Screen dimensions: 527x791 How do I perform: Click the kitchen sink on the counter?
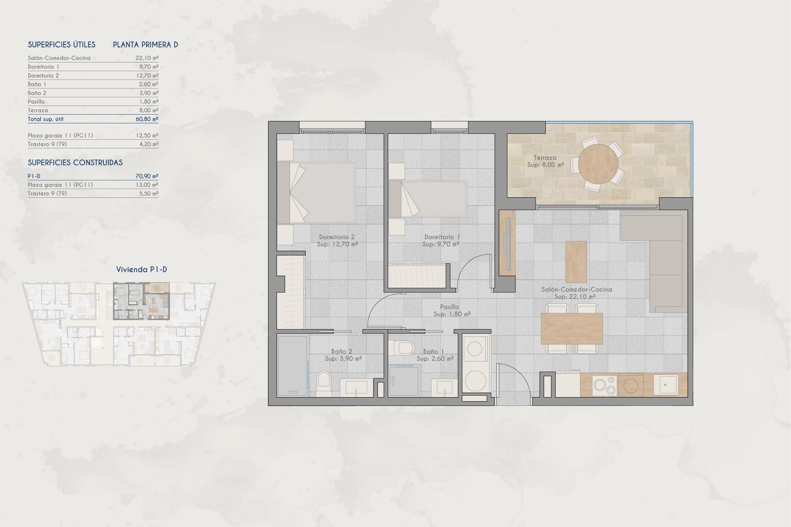(665, 385)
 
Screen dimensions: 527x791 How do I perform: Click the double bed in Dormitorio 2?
(316, 193)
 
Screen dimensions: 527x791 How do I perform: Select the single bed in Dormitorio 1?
(428, 199)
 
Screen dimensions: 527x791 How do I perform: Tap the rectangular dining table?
(571, 329)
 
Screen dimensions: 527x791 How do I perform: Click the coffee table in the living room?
(576, 262)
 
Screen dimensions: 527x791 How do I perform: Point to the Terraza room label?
(545, 158)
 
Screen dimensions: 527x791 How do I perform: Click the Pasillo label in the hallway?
(449, 307)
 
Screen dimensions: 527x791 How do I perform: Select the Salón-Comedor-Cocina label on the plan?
(576, 289)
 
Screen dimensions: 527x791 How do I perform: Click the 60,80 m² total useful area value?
(147, 119)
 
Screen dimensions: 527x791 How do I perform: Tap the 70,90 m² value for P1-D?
(147, 176)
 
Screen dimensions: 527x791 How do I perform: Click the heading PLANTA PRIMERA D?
(145, 45)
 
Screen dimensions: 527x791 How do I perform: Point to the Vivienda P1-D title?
(141, 270)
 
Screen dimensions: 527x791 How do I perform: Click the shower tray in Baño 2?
(292, 366)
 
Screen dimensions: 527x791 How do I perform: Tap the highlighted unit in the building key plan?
(141, 301)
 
